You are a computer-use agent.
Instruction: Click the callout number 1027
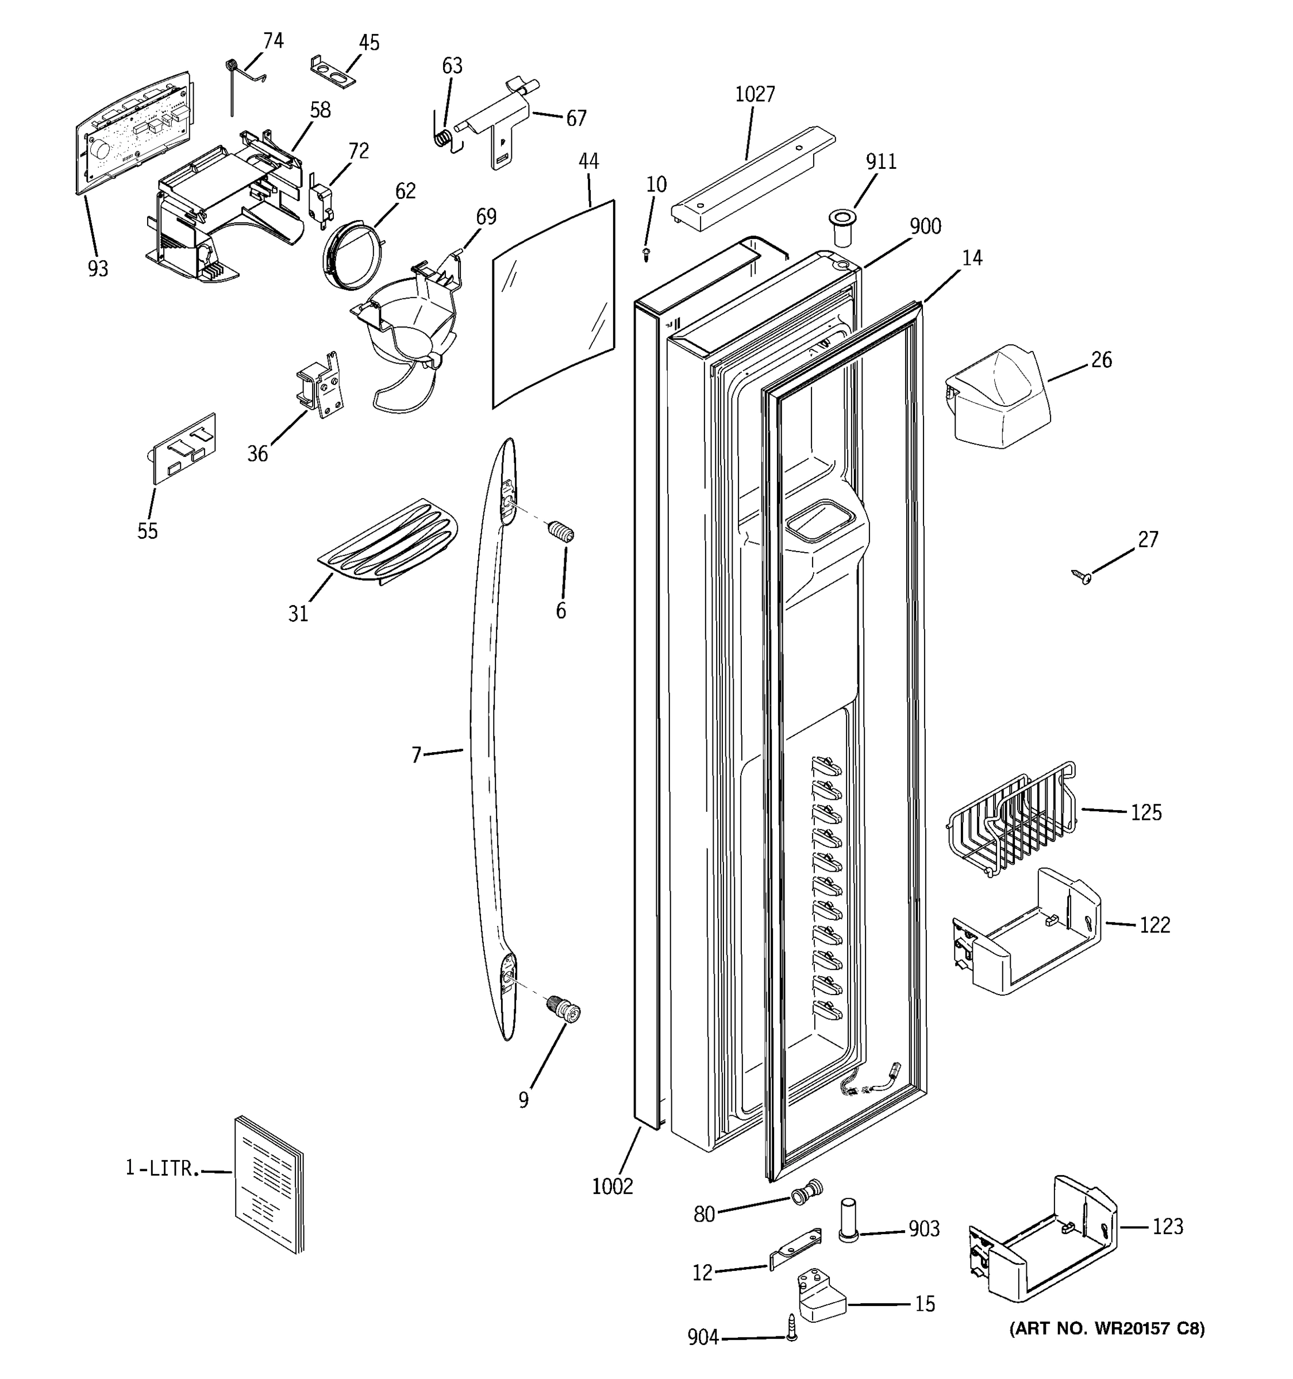coord(755,94)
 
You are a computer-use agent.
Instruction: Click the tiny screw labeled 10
coord(646,255)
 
